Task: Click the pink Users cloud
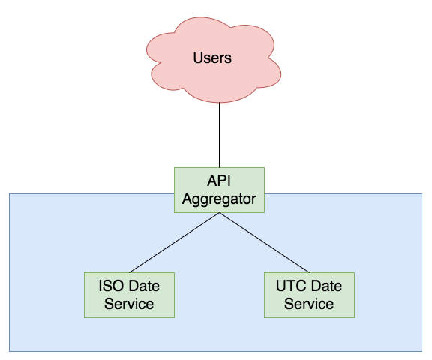(214, 59)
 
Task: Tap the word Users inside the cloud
(212, 58)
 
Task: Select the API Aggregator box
(219, 190)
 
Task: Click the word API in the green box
(219, 181)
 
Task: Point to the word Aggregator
(219, 199)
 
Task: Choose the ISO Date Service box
(129, 295)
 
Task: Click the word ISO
(109, 286)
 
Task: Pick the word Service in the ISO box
(129, 304)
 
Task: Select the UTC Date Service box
(310, 295)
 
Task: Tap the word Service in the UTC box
(309, 304)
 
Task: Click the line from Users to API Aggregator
(219, 135)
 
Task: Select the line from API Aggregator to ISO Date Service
(175, 243)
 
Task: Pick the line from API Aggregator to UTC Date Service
(265, 243)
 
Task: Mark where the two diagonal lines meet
(219, 213)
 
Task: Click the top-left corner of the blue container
(9, 194)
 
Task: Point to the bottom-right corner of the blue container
(421, 351)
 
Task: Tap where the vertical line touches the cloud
(219, 103)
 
